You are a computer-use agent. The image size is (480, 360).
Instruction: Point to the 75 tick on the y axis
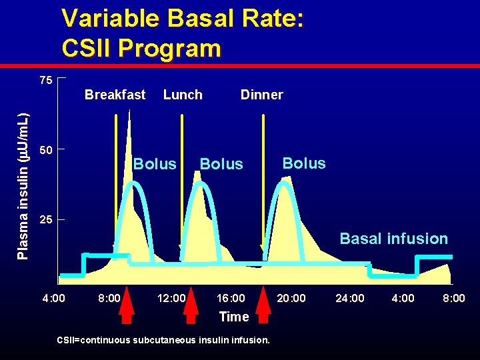pyautogui.click(x=45, y=81)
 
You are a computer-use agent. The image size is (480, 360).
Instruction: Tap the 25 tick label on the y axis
pyautogui.click(x=45, y=220)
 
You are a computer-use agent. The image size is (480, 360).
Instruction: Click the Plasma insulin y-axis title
pyautogui.click(x=22, y=177)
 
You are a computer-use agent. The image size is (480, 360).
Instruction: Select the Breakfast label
pyautogui.click(x=115, y=95)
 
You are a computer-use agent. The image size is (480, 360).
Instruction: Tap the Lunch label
pyautogui.click(x=183, y=95)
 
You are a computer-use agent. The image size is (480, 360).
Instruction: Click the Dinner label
pyautogui.click(x=261, y=95)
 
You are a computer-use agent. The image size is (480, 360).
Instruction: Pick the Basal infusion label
pyautogui.click(x=393, y=239)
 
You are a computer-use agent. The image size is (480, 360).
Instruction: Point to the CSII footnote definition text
pyautogui.click(x=163, y=340)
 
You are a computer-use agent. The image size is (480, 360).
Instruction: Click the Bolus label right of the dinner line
pyautogui.click(x=304, y=163)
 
